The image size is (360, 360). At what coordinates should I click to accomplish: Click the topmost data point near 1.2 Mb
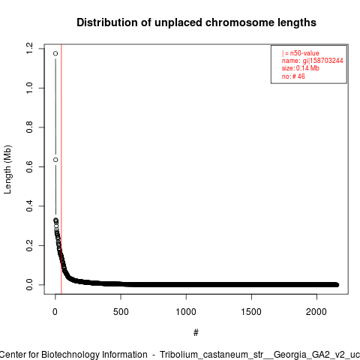pyautogui.click(x=55, y=53)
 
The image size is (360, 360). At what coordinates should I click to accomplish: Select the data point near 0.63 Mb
pyautogui.click(x=55, y=160)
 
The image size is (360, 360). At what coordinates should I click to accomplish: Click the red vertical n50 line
pyautogui.click(x=61, y=169)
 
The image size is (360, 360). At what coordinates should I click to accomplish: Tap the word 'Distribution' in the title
pyautogui.click(x=107, y=22)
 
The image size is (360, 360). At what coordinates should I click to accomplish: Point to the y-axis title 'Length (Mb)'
pyautogui.click(x=7, y=169)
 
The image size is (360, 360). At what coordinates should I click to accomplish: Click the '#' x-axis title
pyautogui.click(x=196, y=333)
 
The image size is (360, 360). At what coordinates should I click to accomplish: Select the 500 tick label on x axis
pyautogui.click(x=121, y=312)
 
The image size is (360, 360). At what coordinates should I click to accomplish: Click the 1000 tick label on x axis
pyautogui.click(x=186, y=312)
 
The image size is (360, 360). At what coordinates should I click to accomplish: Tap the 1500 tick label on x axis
pyautogui.click(x=251, y=312)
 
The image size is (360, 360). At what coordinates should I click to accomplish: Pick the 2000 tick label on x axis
pyautogui.click(x=316, y=312)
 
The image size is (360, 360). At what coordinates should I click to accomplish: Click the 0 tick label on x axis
pyautogui.click(x=55, y=312)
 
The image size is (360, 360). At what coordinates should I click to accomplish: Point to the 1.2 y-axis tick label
pyautogui.click(x=29, y=49)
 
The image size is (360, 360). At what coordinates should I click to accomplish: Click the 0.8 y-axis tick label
pyautogui.click(x=29, y=127)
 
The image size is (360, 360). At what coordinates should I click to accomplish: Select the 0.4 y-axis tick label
pyautogui.click(x=29, y=206)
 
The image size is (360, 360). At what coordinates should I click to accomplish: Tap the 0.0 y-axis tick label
pyautogui.click(x=29, y=285)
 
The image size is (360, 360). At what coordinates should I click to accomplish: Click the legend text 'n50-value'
pyautogui.click(x=304, y=53)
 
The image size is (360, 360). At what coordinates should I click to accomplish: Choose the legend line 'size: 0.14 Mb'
pyautogui.click(x=301, y=68)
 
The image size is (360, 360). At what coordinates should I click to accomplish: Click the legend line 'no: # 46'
pyautogui.click(x=293, y=76)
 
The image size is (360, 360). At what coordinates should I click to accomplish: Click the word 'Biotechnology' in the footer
pyautogui.click(x=70, y=355)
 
